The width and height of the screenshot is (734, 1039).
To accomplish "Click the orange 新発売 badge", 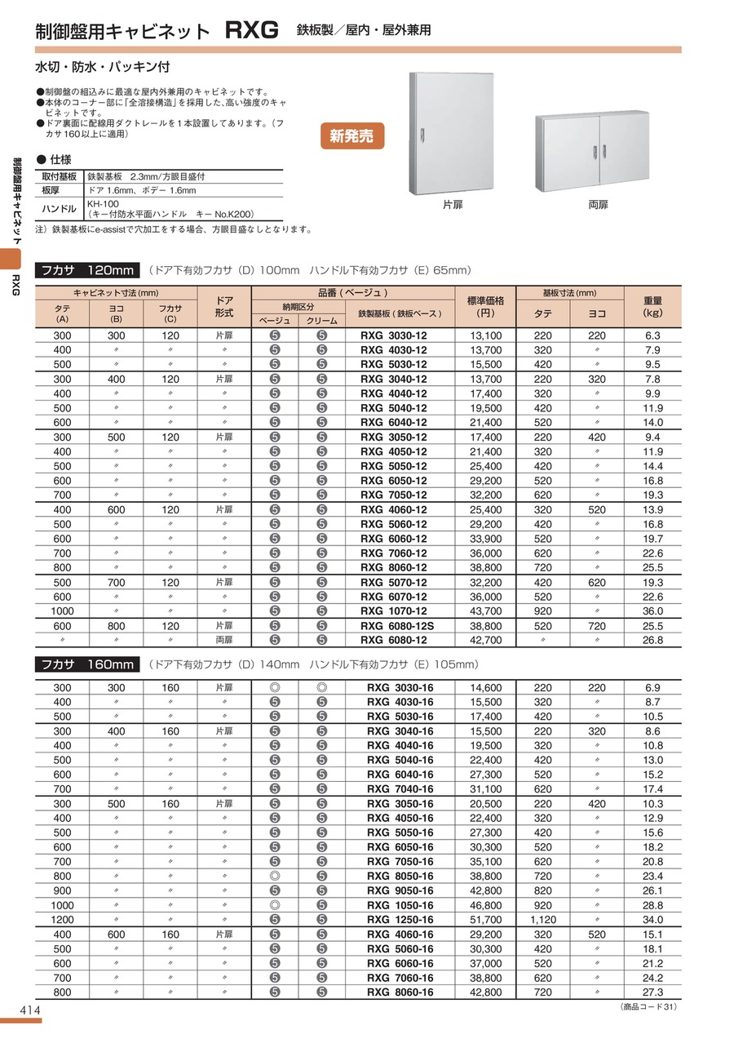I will point(352,136).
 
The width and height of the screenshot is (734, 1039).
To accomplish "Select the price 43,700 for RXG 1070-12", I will point(487,611).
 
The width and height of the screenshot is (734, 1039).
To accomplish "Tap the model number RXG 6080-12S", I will point(398,625).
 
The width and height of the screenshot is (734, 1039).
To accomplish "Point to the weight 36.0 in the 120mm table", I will point(652,611).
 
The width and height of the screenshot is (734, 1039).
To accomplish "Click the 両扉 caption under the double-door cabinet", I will point(598,205).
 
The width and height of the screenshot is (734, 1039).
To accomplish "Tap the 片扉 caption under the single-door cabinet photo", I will point(453,205).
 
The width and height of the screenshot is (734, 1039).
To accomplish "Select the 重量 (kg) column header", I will point(652,306).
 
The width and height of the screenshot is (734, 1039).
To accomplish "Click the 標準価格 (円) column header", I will point(487,306).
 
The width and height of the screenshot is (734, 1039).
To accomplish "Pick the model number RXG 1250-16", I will point(400,920).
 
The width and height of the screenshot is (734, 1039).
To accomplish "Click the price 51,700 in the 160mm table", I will point(487,920).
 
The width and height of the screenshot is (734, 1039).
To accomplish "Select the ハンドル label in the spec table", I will point(59,209).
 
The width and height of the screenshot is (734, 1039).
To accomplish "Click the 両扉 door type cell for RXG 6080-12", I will point(224,640).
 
